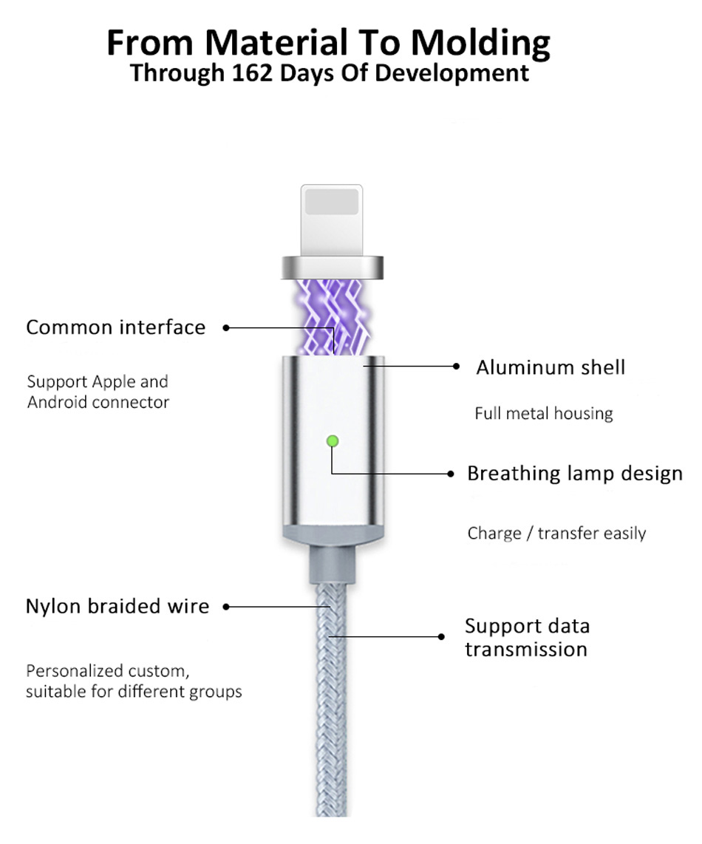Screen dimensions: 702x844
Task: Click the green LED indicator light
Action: pos(333,441)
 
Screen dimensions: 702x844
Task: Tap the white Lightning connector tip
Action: pos(332,220)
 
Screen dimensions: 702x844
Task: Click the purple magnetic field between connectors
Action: pos(333,316)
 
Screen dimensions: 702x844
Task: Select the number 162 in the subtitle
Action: pos(252,72)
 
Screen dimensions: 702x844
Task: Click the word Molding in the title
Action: pos(481,43)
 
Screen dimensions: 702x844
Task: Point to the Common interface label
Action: pos(116,327)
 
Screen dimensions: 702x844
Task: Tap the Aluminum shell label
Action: pos(551,367)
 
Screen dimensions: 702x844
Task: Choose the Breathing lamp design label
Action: pos(574,474)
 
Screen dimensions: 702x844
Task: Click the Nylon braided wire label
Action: pos(117,606)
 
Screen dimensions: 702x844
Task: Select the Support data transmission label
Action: pos(527,637)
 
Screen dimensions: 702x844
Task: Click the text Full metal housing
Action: pos(544,413)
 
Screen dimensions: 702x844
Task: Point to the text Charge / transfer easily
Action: pos(556,533)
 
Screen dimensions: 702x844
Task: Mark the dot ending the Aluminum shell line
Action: pos(456,366)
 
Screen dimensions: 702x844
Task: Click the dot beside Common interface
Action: pos(226,327)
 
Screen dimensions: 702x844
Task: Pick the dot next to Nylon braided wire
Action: pos(226,607)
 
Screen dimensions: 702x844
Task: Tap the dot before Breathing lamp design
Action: pos(451,474)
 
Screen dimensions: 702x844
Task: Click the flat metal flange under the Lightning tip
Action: pos(333,268)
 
